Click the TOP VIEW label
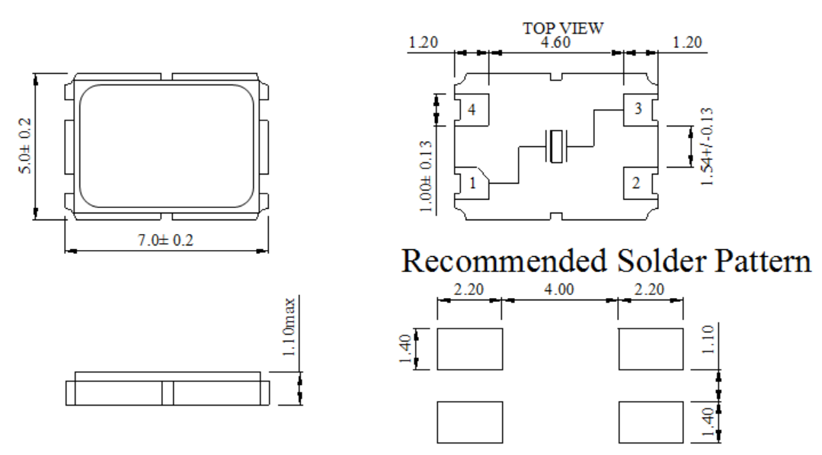click(x=562, y=28)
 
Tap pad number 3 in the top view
click(x=638, y=109)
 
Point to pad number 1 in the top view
click(x=472, y=184)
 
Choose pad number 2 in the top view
click(x=638, y=184)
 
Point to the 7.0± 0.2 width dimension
click(x=166, y=241)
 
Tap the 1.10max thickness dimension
click(x=289, y=328)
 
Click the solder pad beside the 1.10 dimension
click(x=650, y=349)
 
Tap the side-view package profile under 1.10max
click(x=166, y=392)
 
